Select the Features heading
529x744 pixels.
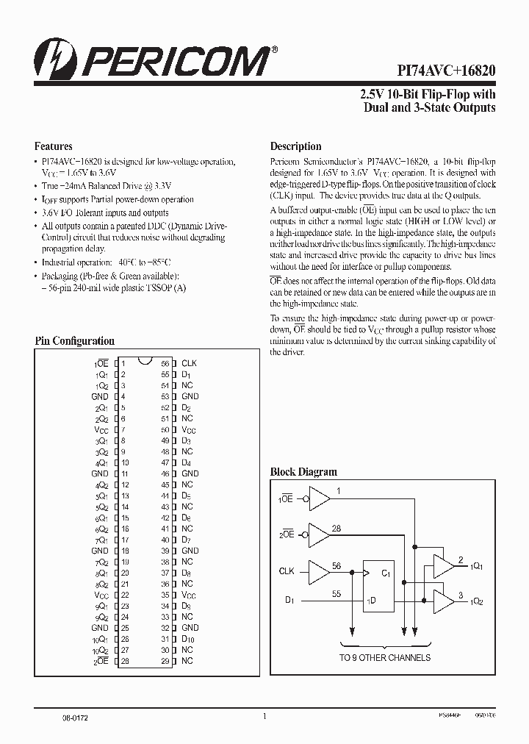pos(54,146)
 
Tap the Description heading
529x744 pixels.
pos(295,146)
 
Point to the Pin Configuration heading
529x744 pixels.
pos(75,341)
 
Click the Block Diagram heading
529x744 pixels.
pos(303,472)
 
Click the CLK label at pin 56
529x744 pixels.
pos(189,363)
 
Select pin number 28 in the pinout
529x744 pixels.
pos(125,661)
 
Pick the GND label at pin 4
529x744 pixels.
pos(100,396)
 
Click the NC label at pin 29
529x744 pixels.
pos(187,661)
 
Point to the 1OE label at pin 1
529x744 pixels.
pos(101,363)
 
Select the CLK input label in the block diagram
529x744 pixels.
pos(287,570)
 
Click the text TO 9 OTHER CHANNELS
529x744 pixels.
pos(384,657)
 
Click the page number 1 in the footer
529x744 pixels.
pos(264,715)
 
